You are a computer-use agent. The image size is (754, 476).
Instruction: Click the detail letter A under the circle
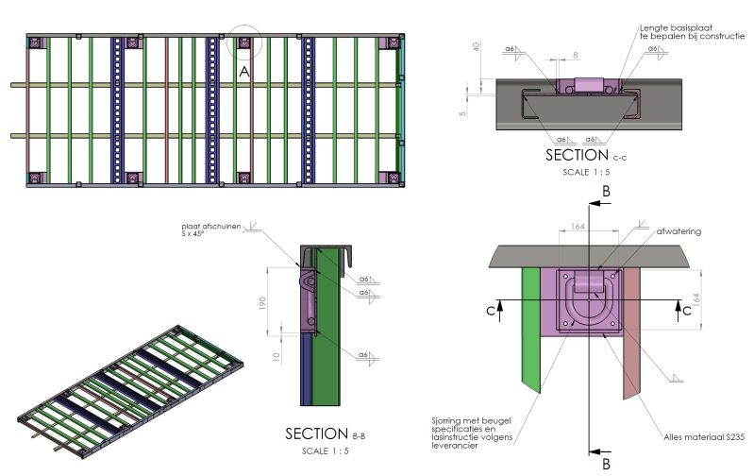[x=244, y=72]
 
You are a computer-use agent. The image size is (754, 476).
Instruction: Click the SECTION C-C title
[x=586, y=155]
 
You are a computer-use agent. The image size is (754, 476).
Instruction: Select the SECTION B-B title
[x=325, y=433]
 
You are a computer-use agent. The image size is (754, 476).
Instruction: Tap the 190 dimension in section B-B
[x=262, y=303]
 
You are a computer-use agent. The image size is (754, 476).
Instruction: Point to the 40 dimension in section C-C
[x=476, y=46]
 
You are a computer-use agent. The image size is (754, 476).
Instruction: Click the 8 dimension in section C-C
[x=575, y=56]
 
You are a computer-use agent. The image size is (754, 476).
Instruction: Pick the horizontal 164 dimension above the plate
[x=578, y=227]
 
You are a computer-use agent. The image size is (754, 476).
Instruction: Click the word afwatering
[x=679, y=231]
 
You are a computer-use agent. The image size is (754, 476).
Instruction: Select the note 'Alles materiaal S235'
[x=704, y=437]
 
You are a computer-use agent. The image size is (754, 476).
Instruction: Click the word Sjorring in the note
[x=445, y=421]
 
